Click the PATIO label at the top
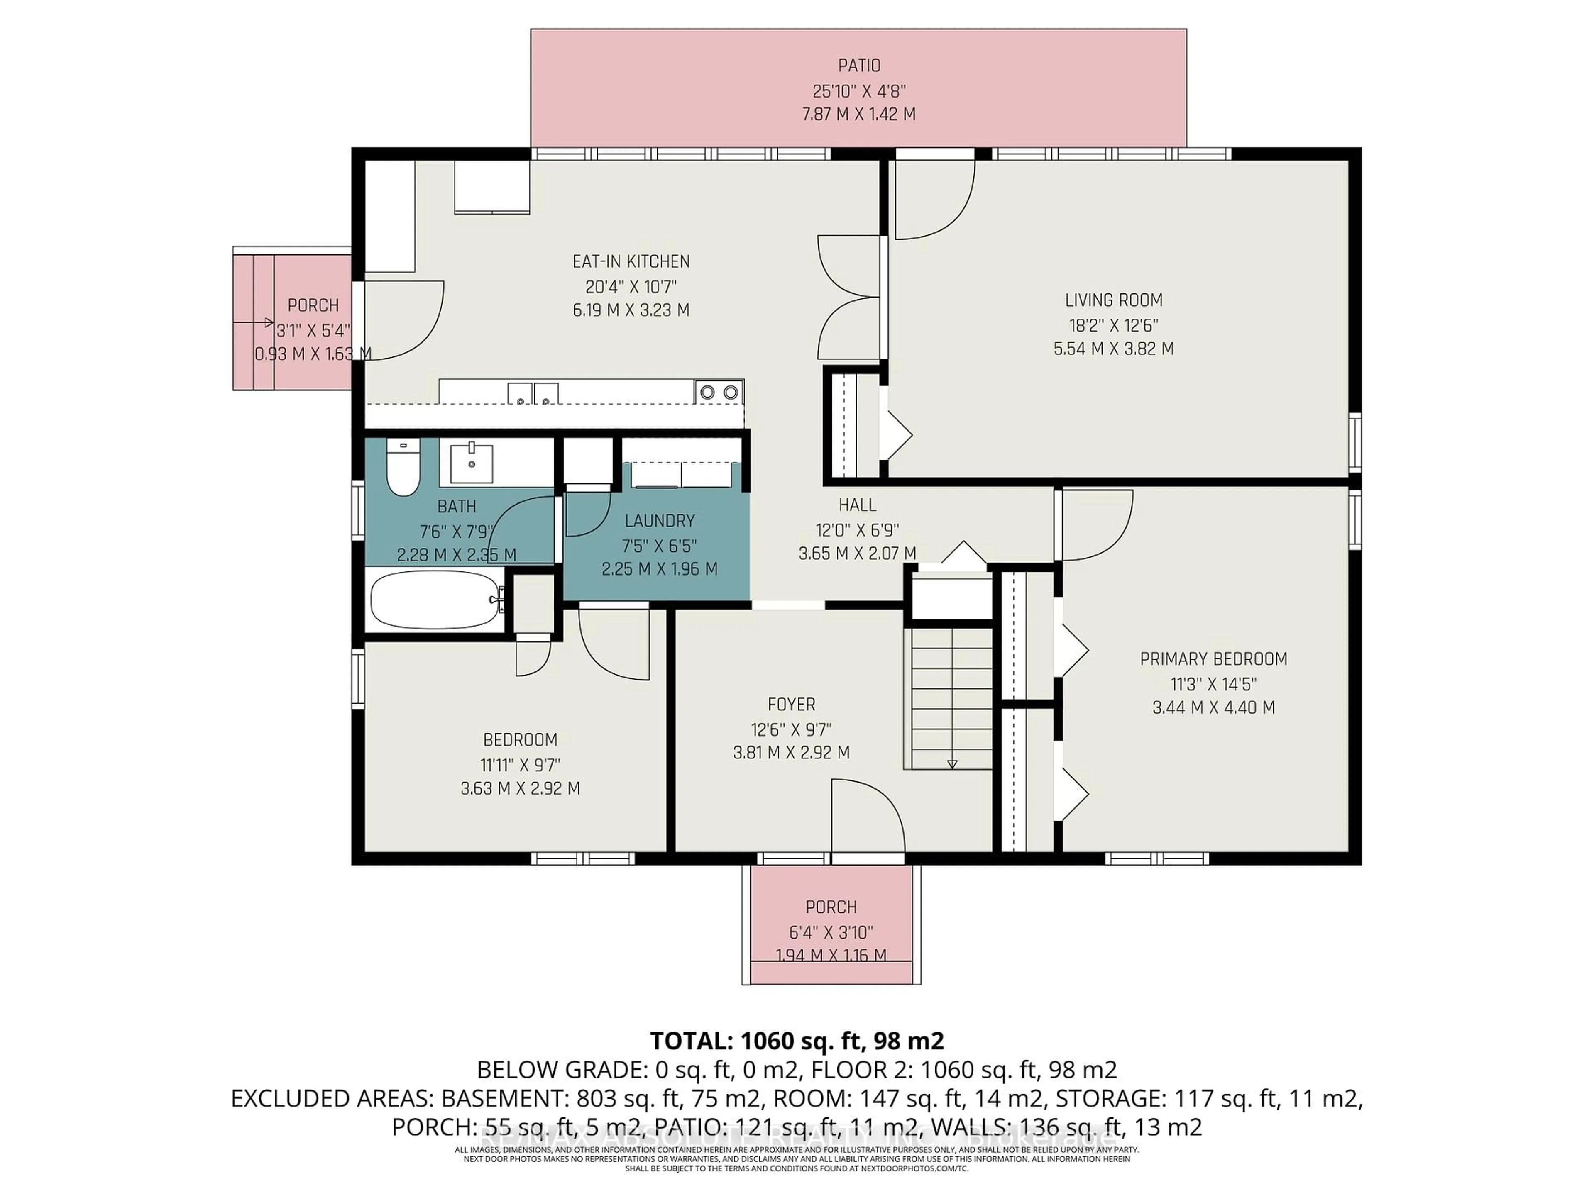[859, 66]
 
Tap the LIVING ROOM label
[1113, 300]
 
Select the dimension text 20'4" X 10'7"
[631, 287]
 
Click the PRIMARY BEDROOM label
[1213, 658]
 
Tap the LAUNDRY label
[659, 520]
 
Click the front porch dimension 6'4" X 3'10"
[831, 932]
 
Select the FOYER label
[791, 704]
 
